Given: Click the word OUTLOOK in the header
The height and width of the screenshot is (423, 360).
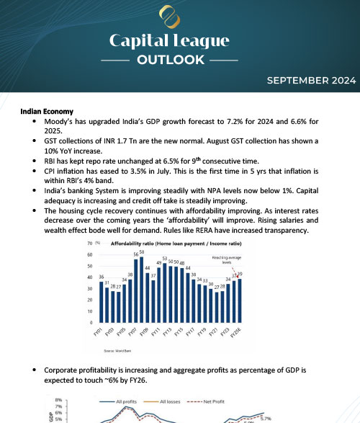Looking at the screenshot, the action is (x=179, y=59).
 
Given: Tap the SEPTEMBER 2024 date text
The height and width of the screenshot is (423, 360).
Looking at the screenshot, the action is (x=310, y=81).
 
